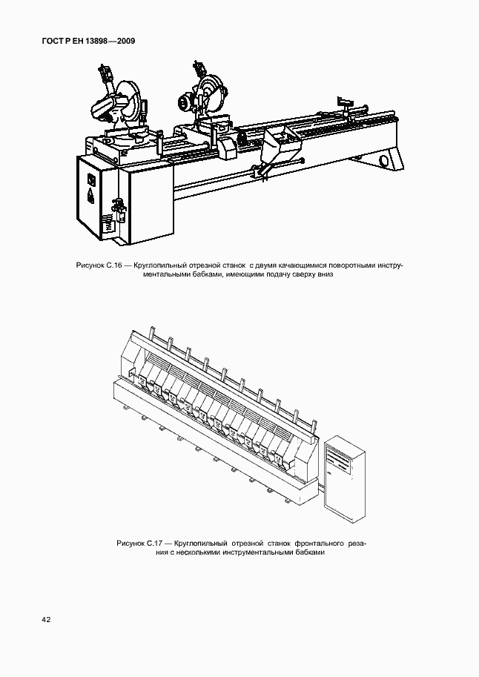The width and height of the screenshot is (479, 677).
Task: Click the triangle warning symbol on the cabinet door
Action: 92,196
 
